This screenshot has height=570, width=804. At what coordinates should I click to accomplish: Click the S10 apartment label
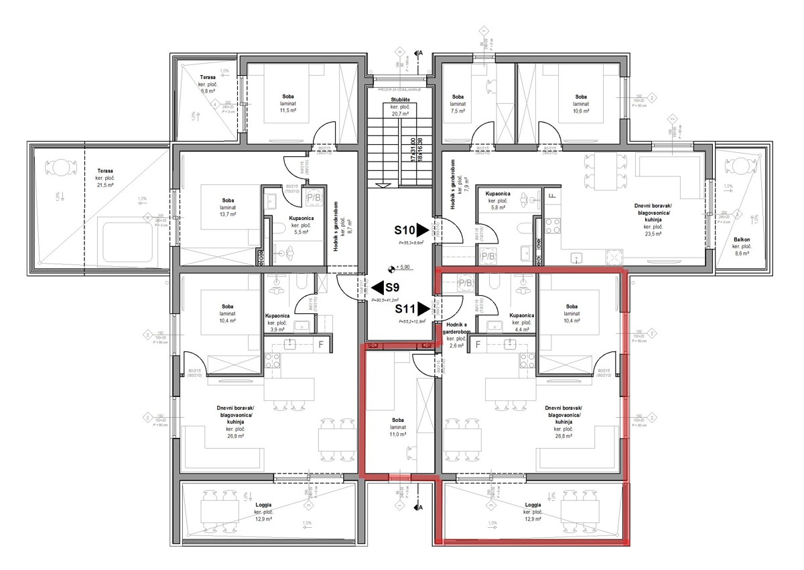pyautogui.click(x=404, y=229)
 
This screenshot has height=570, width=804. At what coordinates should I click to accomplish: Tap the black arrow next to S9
pyautogui.click(x=377, y=288)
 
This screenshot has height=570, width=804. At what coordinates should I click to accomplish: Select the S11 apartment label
pyautogui.click(x=404, y=309)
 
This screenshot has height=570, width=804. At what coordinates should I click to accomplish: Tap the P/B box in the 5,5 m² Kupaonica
pyautogui.click(x=313, y=198)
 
